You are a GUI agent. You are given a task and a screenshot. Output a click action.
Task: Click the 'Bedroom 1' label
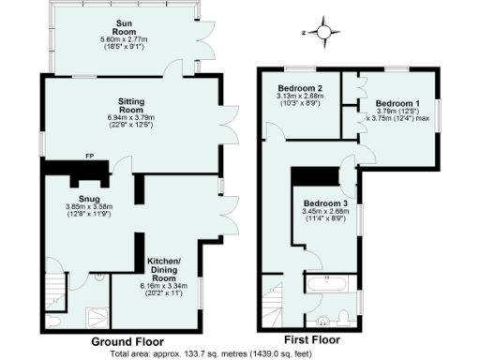point(397,102)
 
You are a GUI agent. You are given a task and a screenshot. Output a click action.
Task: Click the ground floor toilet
point(55,322)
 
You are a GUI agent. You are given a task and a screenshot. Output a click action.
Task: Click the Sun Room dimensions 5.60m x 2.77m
point(124,38)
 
